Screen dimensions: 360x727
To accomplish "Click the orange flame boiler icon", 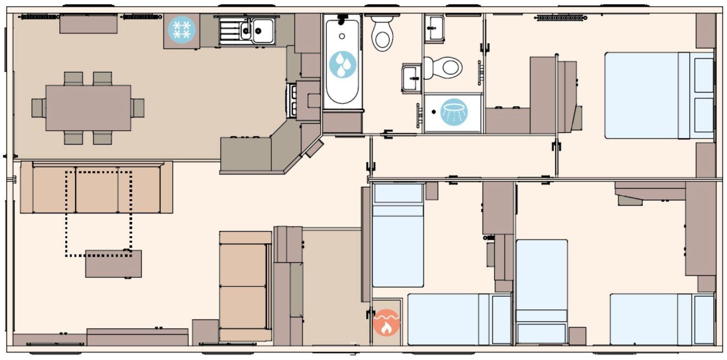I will pos(386,323).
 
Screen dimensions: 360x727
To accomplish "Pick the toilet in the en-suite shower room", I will pos(445,67).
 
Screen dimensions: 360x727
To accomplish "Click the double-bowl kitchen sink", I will pos(247,30).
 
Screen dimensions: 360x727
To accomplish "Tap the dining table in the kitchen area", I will pos(88,108).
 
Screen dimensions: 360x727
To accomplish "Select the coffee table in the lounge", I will pos(113,264).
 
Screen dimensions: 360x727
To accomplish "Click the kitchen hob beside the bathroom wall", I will pos(291,100).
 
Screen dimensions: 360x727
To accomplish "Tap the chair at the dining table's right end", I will pos(138,108).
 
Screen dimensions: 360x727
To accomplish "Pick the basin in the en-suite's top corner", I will pos(434,27).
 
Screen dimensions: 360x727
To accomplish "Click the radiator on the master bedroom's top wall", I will pos(561,18).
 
